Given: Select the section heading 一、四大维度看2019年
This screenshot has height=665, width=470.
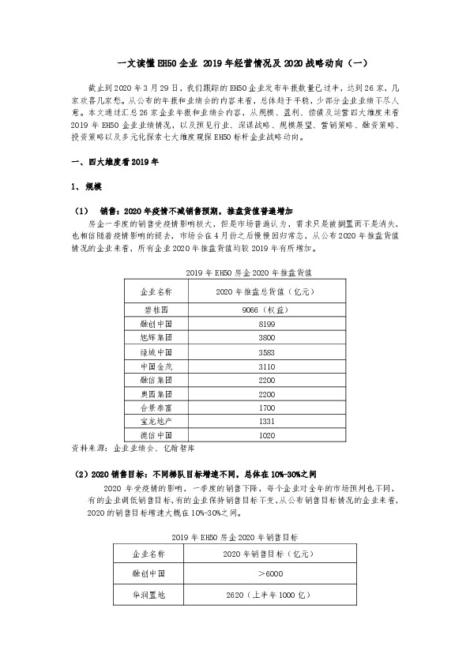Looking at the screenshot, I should click(109, 163).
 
